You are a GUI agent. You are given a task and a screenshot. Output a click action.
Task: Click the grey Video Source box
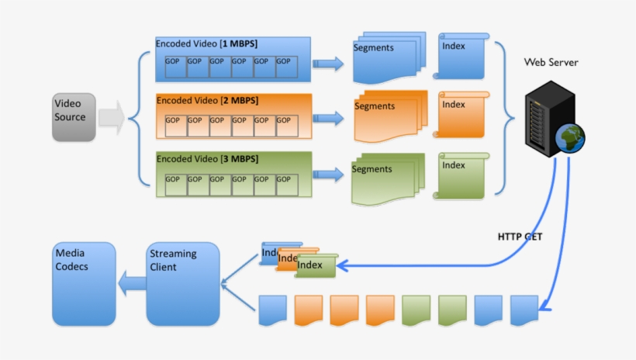[x=74, y=117]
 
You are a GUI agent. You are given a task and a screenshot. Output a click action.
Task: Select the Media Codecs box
[x=83, y=283]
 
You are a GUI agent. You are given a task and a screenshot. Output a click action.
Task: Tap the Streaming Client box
[x=183, y=283]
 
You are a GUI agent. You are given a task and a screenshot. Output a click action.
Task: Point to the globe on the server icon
[x=570, y=137]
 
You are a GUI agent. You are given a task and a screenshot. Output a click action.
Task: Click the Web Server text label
[x=551, y=62]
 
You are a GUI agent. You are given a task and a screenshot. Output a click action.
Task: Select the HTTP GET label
[x=520, y=237]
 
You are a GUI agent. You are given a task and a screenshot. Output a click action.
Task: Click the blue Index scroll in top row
[x=463, y=55]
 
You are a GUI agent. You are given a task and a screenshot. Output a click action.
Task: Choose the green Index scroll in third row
[x=463, y=175]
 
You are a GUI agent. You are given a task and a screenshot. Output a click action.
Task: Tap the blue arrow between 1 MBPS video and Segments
[x=330, y=64]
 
